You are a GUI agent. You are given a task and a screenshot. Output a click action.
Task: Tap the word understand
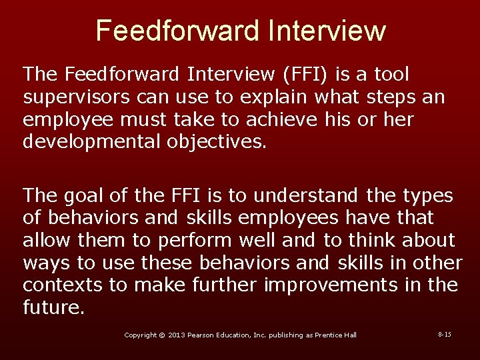point(309,195)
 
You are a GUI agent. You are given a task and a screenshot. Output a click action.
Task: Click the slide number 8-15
point(445,333)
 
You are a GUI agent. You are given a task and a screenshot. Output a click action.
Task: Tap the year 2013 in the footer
point(177,335)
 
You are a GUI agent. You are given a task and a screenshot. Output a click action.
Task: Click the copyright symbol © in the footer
point(161,335)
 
